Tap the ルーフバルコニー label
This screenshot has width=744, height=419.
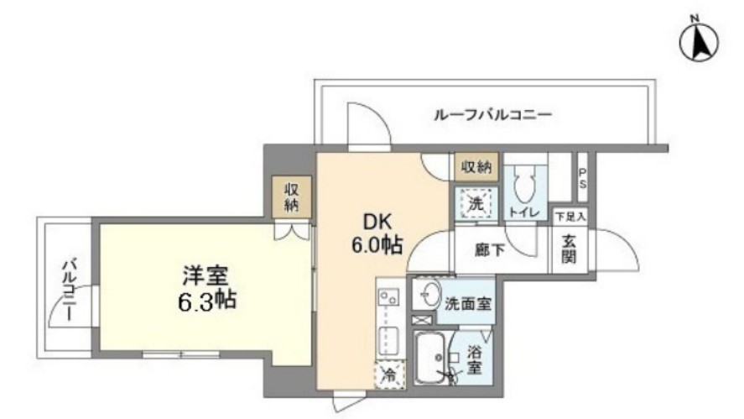[x=493, y=115]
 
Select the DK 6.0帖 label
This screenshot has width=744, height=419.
[x=377, y=233]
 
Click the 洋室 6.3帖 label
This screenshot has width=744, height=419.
[x=207, y=288]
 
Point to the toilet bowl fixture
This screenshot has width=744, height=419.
[x=524, y=186]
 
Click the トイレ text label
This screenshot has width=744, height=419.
[x=524, y=212]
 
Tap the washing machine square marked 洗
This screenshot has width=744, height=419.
[x=476, y=203]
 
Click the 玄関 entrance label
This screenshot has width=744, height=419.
[x=569, y=249]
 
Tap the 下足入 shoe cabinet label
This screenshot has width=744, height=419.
[x=571, y=217]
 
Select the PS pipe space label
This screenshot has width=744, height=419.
[x=583, y=179]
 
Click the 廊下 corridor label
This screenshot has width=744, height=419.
[x=490, y=250]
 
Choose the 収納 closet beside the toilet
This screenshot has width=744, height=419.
[x=476, y=167]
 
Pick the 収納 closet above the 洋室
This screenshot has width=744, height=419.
[x=292, y=196]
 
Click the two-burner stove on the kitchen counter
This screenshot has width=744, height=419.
[x=388, y=297]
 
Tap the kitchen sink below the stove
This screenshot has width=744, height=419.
[x=388, y=339]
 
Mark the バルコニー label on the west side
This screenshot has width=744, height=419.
[x=70, y=290]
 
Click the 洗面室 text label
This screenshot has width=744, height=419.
[x=468, y=304]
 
